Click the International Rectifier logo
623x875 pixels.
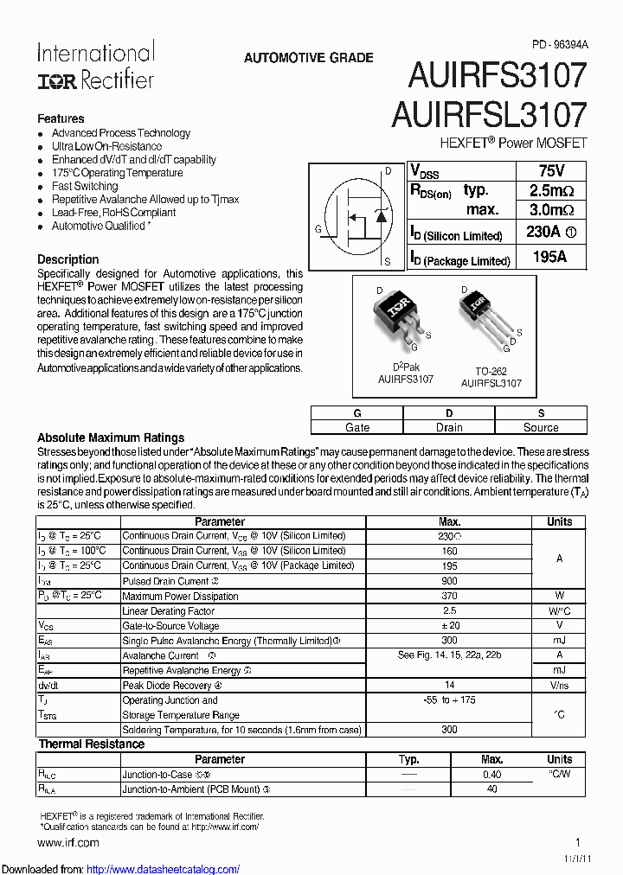coord(95,67)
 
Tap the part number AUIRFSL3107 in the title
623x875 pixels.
coord(490,115)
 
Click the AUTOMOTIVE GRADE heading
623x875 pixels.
coord(309,58)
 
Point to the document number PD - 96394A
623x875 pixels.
coord(559,43)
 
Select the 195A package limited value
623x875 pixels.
coord(549,257)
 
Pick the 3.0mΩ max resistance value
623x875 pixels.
coord(551,210)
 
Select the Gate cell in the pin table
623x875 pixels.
coord(357,427)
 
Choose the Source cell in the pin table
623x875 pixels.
coord(541,427)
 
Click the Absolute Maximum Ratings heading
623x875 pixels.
coord(111,437)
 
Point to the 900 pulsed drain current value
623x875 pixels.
coord(449,581)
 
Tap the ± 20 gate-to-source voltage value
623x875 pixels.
coord(449,626)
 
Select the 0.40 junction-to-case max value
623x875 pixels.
coord(491,775)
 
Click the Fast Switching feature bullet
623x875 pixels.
coord(85,186)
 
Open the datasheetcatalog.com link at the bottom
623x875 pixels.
coord(164,869)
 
